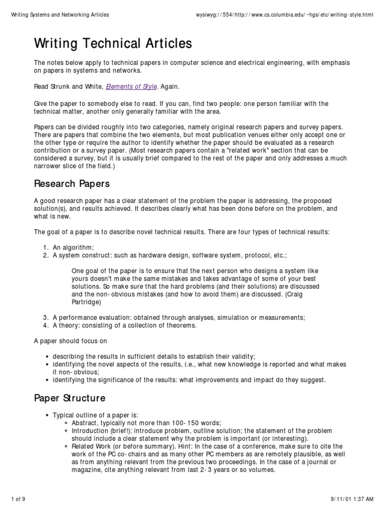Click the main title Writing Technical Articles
[113, 44]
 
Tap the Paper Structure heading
[70, 399]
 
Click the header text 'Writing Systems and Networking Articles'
[60, 15]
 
